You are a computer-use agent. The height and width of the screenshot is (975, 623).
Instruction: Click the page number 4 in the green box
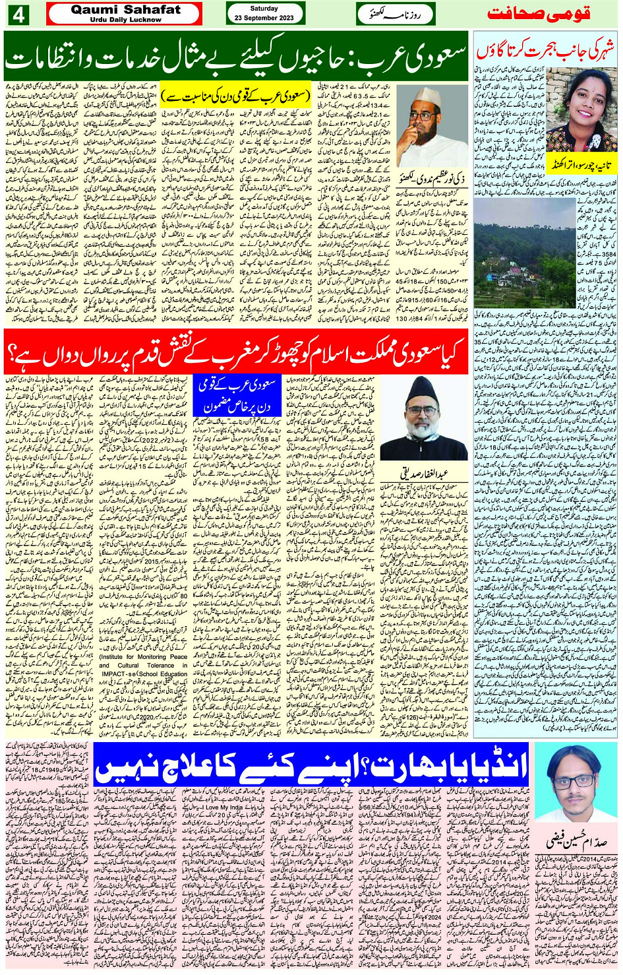(x=17, y=14)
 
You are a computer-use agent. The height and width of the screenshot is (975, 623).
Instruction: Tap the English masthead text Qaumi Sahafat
(x=125, y=9)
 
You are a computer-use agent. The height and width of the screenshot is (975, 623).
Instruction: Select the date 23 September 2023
(x=264, y=18)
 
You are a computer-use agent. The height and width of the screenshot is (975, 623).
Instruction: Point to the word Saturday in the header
(x=264, y=9)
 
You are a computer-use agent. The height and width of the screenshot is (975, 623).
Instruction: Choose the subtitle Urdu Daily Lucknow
(x=125, y=20)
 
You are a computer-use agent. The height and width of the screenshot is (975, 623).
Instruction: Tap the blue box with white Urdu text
(x=237, y=395)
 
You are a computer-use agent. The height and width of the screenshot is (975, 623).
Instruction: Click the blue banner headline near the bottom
(x=311, y=766)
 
